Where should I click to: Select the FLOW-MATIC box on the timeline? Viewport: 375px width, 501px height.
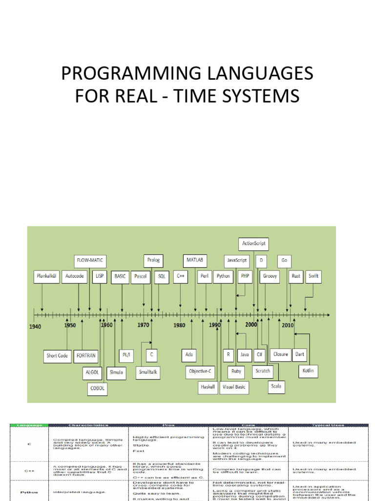[x=90, y=260]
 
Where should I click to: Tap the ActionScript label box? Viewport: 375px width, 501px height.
[x=254, y=243]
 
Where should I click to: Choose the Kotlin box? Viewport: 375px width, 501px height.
[x=308, y=370]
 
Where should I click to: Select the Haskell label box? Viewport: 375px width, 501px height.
[x=207, y=387]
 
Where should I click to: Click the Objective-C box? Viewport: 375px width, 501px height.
[x=201, y=371]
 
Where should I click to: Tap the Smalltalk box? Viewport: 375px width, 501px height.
[x=148, y=372]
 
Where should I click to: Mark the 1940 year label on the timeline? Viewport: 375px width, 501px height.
[x=35, y=326]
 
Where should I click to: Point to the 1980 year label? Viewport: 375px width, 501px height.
[x=179, y=326]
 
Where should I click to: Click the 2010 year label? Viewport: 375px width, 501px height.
[x=288, y=325]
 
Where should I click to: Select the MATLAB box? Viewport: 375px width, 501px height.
[x=195, y=260]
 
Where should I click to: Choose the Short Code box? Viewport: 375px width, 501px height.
[x=57, y=356]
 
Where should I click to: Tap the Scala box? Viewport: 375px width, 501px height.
[x=276, y=387]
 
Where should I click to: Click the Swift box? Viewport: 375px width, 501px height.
[x=313, y=276]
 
